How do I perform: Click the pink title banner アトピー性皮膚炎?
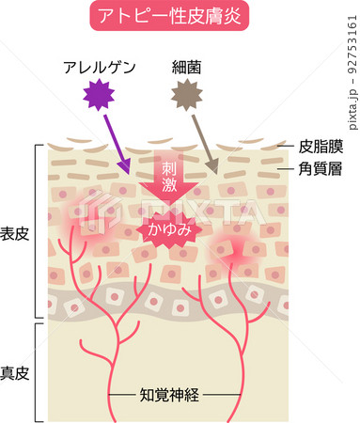169,16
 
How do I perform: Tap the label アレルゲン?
100,68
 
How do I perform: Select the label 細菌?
187,68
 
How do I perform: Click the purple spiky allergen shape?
99,95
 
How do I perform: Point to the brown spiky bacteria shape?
187,95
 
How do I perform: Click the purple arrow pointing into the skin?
117,145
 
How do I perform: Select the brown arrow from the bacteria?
205,144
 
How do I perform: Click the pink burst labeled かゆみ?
169,229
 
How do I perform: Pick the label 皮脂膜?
321,147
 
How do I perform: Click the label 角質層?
321,169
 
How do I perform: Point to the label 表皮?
15,234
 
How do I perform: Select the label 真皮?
15,373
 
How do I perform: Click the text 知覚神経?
169,395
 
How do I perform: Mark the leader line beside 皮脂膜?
286,147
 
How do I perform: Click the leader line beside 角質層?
286,169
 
